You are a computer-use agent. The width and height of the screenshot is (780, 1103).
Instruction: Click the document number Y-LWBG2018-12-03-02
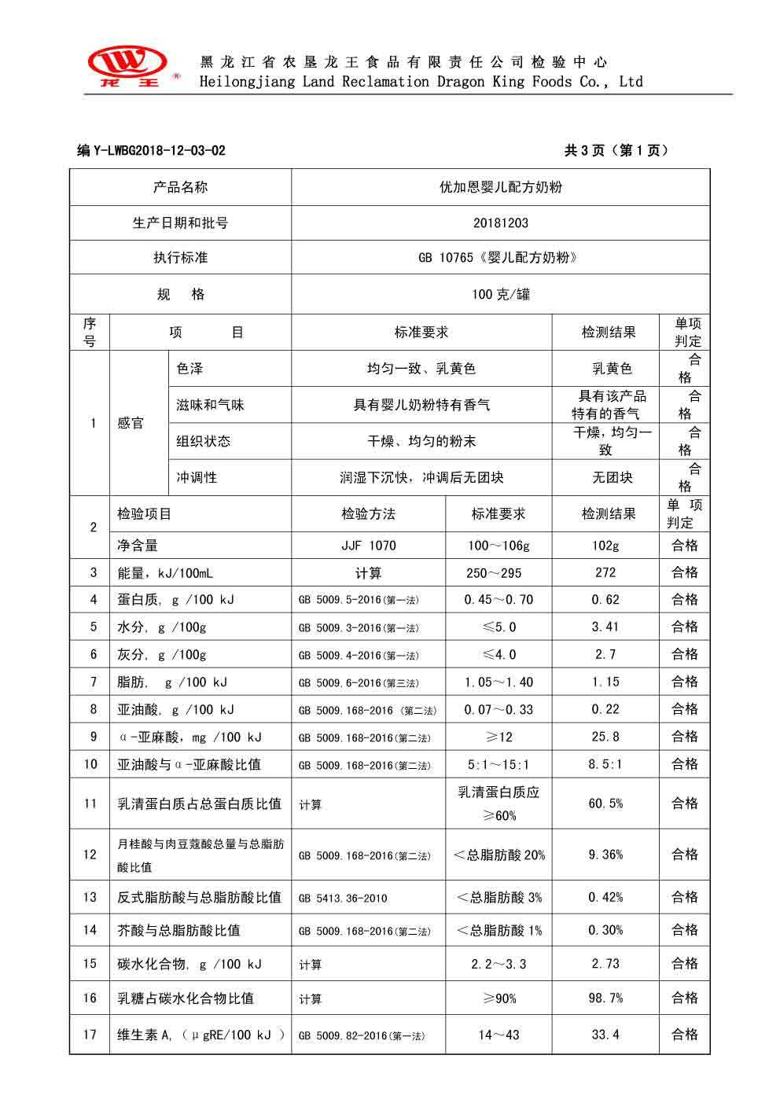click(151, 151)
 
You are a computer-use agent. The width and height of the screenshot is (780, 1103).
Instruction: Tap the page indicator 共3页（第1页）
click(616, 151)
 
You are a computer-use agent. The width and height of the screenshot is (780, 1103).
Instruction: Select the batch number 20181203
click(500, 222)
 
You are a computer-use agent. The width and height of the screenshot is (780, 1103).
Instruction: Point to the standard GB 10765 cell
click(500, 257)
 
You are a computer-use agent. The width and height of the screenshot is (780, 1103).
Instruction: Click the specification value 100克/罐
click(500, 294)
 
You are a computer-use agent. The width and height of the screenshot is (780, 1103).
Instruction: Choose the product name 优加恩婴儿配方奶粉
click(500, 187)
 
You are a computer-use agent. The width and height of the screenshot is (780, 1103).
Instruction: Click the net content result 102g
click(605, 545)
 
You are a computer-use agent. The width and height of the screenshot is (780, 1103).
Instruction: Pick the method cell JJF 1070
click(368, 545)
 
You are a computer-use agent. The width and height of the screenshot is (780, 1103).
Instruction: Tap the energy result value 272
click(605, 572)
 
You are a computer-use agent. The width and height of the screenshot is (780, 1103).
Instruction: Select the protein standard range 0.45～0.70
click(499, 600)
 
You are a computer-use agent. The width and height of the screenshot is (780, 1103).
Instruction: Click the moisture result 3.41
click(605, 627)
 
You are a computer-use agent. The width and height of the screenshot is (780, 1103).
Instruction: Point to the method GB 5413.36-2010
click(343, 898)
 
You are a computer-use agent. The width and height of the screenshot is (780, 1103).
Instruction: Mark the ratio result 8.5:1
click(605, 763)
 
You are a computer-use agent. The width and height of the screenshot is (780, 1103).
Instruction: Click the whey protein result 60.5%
click(605, 803)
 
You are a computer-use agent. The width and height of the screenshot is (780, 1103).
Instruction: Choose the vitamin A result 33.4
click(605, 1035)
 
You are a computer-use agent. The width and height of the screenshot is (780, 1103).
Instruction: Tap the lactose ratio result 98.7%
click(605, 998)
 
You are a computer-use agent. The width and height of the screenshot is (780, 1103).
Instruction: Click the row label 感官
click(131, 423)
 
